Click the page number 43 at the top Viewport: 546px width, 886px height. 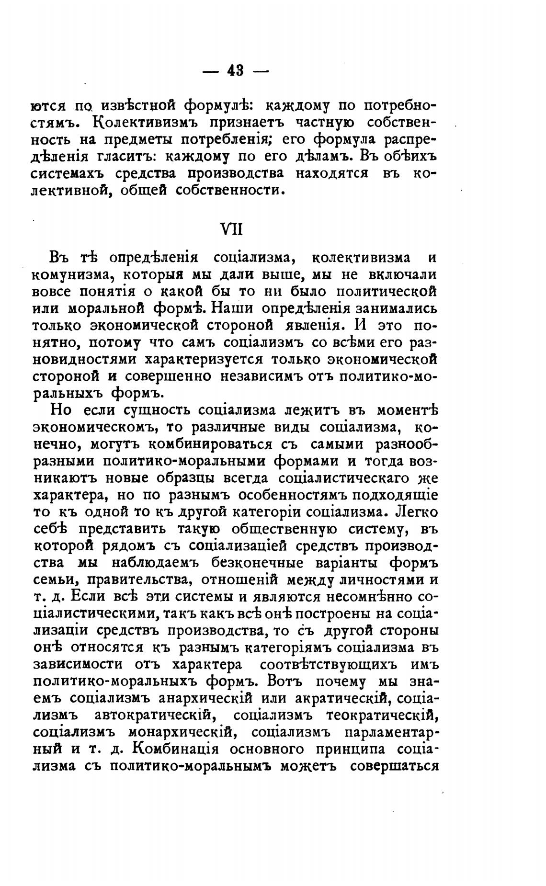coord(236,71)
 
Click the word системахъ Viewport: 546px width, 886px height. coord(69,174)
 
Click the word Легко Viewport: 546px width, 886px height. coord(417,512)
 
